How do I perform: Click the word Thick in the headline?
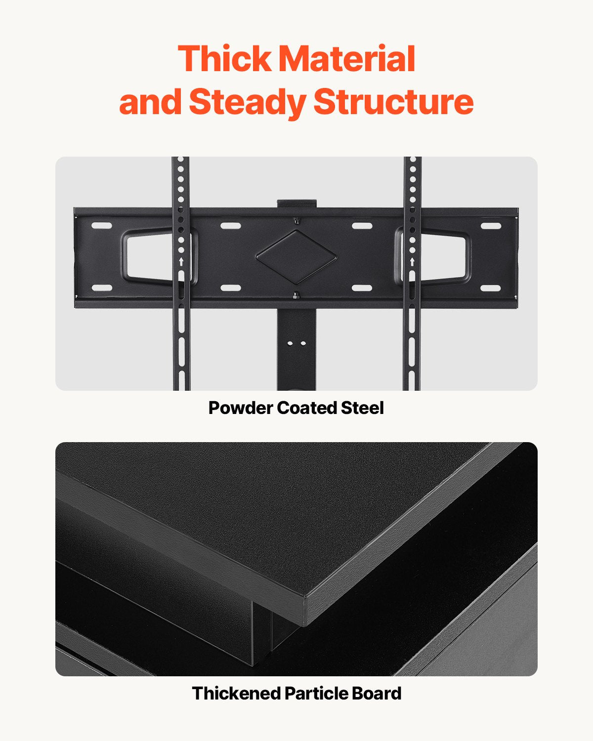point(225,59)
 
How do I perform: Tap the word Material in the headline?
point(347,59)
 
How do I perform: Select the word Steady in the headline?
point(248,102)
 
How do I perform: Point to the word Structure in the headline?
point(393,102)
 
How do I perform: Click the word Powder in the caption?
point(240,408)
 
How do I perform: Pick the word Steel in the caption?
point(362,408)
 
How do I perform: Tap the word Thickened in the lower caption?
point(236,693)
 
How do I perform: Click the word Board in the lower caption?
point(377,693)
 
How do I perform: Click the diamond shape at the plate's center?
point(296,257)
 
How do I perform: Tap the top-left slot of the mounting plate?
point(102,226)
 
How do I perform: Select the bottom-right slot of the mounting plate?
point(490,288)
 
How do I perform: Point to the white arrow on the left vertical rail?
point(181,261)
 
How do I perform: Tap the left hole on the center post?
point(290,342)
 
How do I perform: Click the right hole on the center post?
point(302,342)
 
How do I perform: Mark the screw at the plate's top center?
point(296,220)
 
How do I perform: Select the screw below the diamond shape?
point(296,296)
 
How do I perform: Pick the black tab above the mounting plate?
point(296,204)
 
